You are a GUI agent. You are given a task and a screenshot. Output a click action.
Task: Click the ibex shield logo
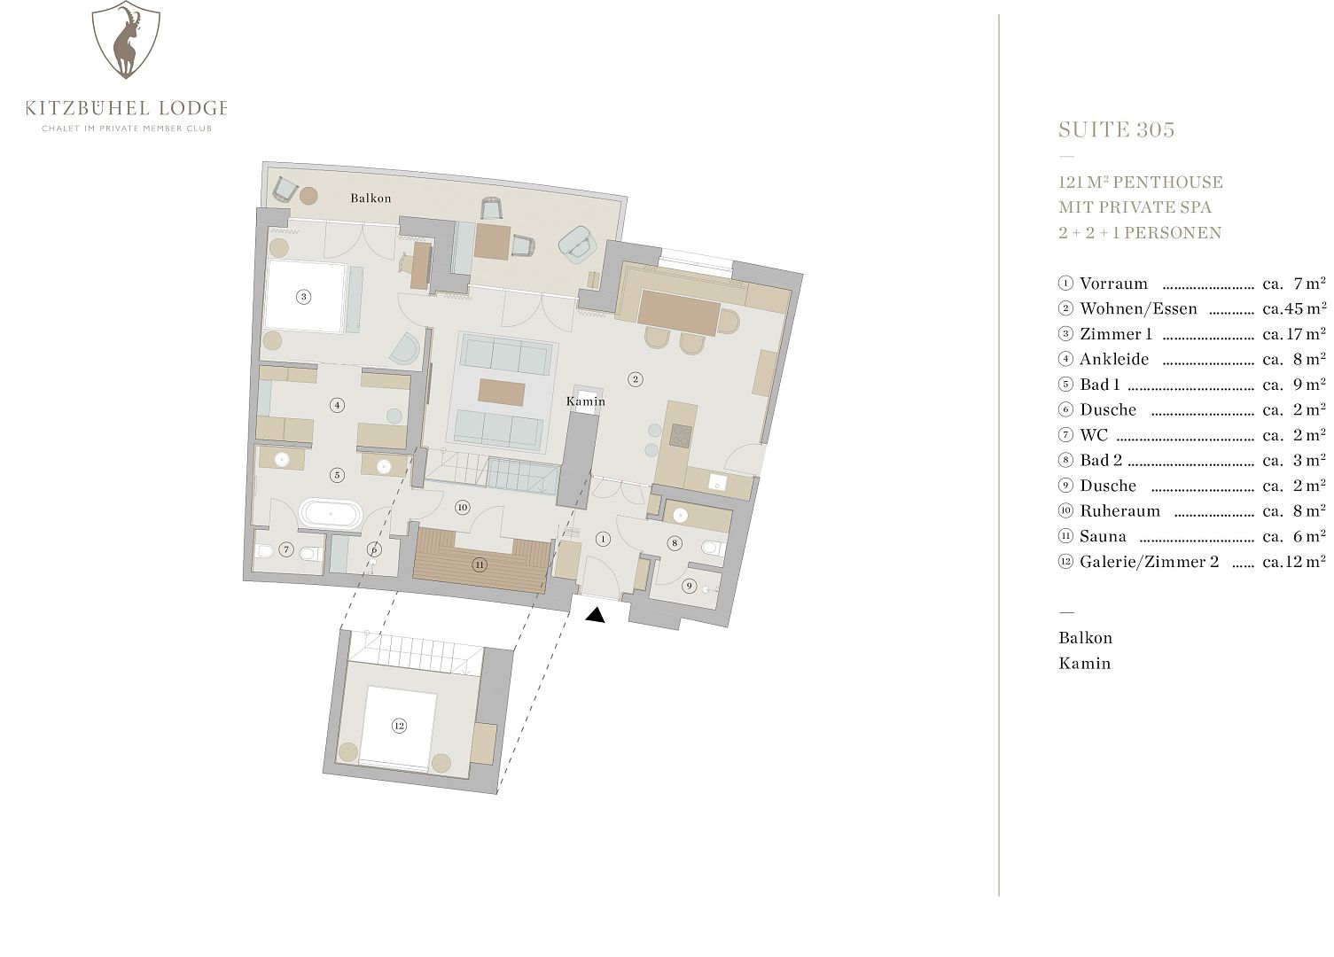(126, 40)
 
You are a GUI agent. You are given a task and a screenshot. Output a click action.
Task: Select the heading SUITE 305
(1116, 130)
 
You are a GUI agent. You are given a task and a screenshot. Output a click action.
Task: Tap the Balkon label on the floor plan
(371, 198)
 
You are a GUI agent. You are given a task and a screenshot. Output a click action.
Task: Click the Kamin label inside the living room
(585, 401)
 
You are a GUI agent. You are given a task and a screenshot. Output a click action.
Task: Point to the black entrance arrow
(595, 615)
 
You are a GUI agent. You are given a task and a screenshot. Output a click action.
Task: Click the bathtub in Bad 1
(330, 513)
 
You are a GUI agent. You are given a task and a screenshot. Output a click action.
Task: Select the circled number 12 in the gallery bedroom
(399, 726)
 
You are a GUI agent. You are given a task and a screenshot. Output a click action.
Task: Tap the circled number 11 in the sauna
(480, 564)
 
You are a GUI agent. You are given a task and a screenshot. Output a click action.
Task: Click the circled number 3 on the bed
(304, 297)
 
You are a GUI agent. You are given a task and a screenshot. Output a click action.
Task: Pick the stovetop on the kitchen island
(681, 435)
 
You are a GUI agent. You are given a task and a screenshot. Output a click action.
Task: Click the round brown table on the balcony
(308, 195)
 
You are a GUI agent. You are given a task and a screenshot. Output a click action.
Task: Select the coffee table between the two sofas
(502, 393)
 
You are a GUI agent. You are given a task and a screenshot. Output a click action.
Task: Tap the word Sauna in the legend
(1103, 537)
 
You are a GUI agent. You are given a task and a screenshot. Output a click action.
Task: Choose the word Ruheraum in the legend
(1119, 511)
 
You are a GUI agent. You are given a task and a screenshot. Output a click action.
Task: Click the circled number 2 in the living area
(636, 378)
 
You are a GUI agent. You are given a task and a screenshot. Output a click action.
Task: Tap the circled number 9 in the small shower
(689, 586)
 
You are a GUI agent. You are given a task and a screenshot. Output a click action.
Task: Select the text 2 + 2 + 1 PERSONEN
(1140, 232)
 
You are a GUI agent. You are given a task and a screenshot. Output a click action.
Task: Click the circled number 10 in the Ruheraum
(462, 508)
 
